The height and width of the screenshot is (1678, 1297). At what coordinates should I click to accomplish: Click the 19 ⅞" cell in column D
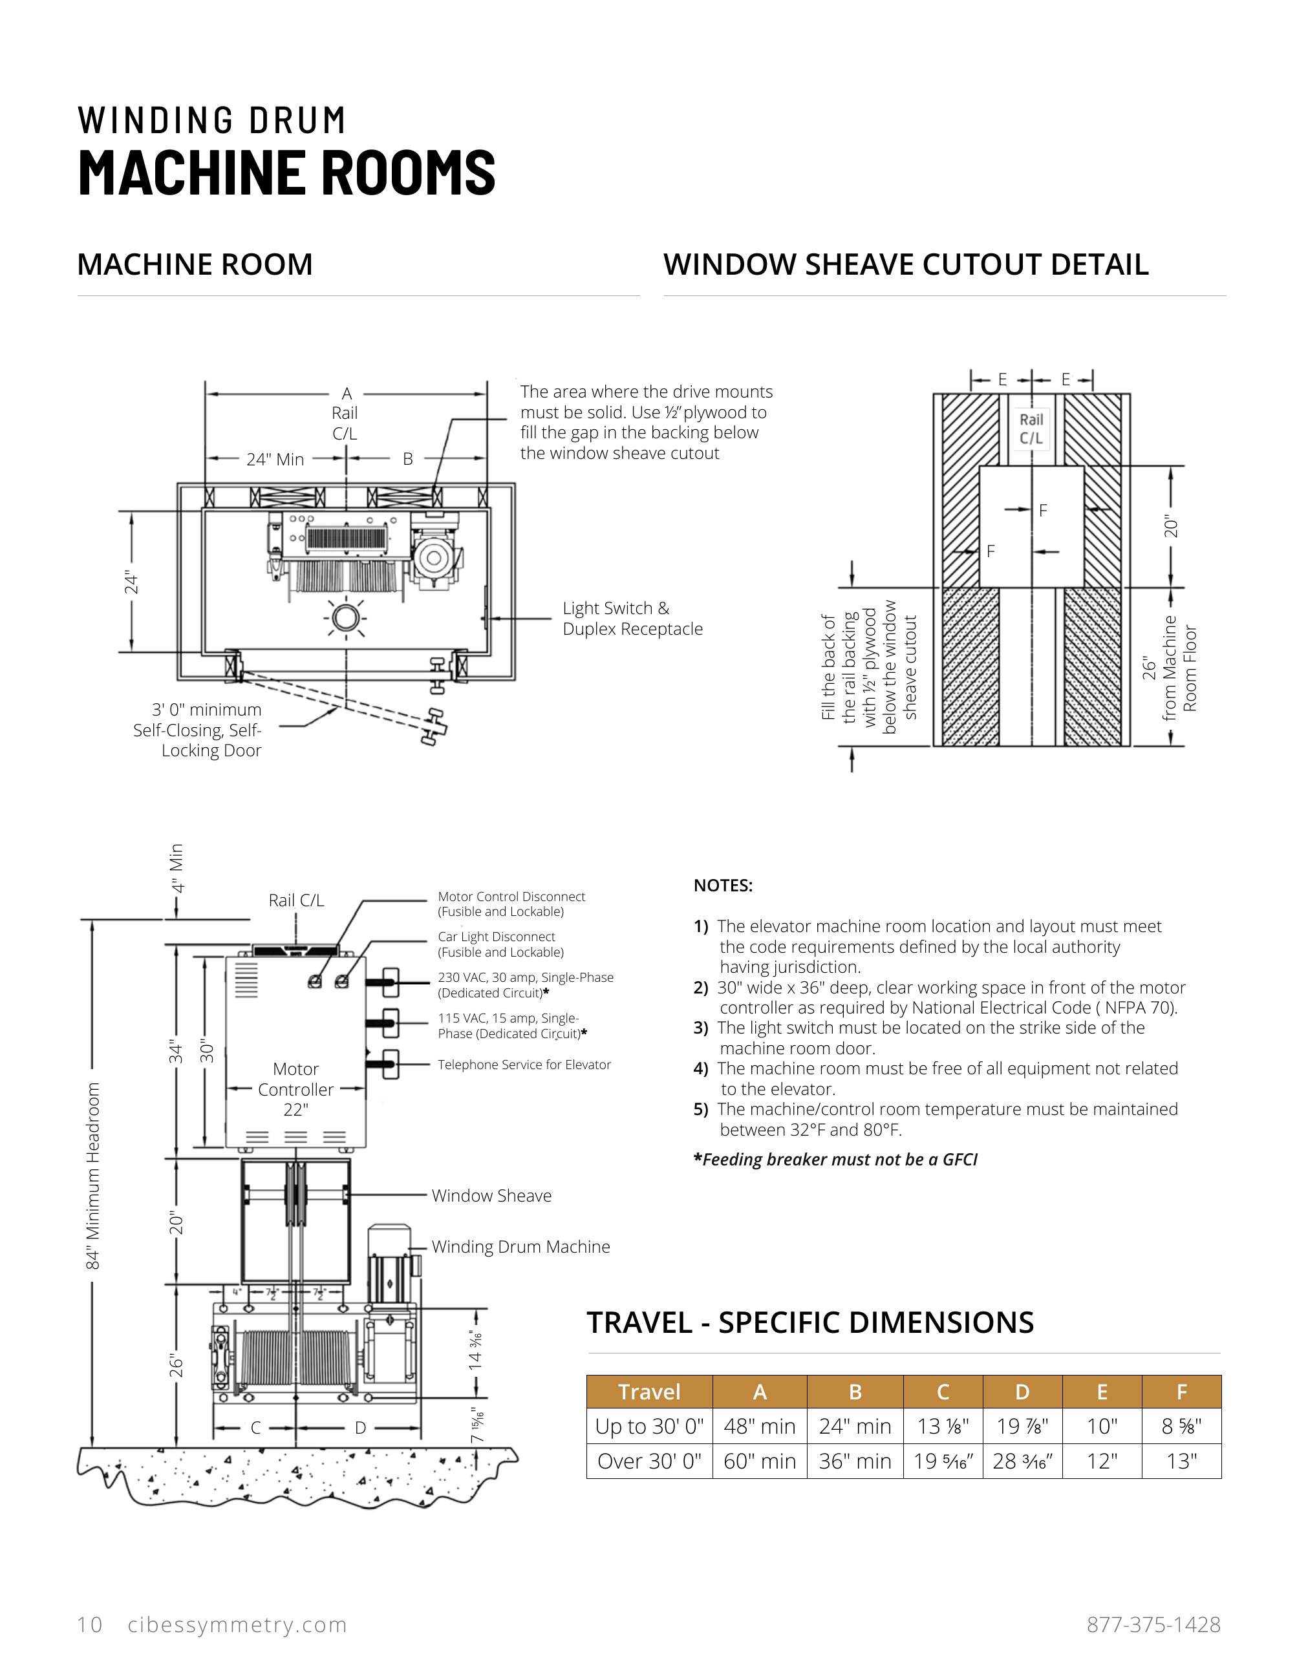pyautogui.click(x=1022, y=1426)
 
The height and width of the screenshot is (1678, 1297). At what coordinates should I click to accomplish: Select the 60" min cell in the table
pyautogui.click(x=759, y=1461)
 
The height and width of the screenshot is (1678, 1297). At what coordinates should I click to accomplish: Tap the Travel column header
pyautogui.click(x=649, y=1392)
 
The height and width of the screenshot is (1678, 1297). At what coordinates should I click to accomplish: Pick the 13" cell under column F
pyautogui.click(x=1181, y=1461)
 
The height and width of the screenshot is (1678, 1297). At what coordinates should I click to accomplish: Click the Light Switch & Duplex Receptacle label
pyautogui.click(x=632, y=619)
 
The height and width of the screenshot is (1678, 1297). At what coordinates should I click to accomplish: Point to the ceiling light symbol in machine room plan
pyautogui.click(x=346, y=618)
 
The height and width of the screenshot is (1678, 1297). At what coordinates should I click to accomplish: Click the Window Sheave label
pyautogui.click(x=491, y=1196)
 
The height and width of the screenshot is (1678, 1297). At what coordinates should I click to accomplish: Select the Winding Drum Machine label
pyautogui.click(x=520, y=1246)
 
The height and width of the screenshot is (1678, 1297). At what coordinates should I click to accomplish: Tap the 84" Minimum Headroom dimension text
pyautogui.click(x=93, y=1176)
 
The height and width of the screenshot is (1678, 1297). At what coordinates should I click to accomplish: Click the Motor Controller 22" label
pyautogui.click(x=296, y=1089)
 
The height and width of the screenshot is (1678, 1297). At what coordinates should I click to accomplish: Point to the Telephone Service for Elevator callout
pyautogui.click(x=524, y=1065)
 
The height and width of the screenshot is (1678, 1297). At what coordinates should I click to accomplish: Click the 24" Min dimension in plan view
pyautogui.click(x=275, y=460)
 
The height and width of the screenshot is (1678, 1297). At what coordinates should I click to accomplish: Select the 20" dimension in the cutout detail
pyautogui.click(x=1170, y=526)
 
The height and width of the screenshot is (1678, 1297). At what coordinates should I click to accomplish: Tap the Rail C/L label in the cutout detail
pyautogui.click(x=1031, y=429)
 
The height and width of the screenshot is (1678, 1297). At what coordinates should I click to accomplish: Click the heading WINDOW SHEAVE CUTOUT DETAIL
pyautogui.click(x=906, y=264)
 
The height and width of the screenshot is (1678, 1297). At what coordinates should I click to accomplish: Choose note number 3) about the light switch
pyautogui.click(x=930, y=1038)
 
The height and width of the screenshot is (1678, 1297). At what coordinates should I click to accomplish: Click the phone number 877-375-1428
pyautogui.click(x=1153, y=1625)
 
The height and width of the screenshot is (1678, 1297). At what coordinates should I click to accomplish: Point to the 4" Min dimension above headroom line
pyautogui.click(x=177, y=868)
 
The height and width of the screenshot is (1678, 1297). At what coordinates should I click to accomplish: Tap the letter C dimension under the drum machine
pyautogui.click(x=256, y=1428)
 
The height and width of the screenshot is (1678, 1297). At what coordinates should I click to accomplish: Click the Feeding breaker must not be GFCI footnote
pyautogui.click(x=835, y=1160)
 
